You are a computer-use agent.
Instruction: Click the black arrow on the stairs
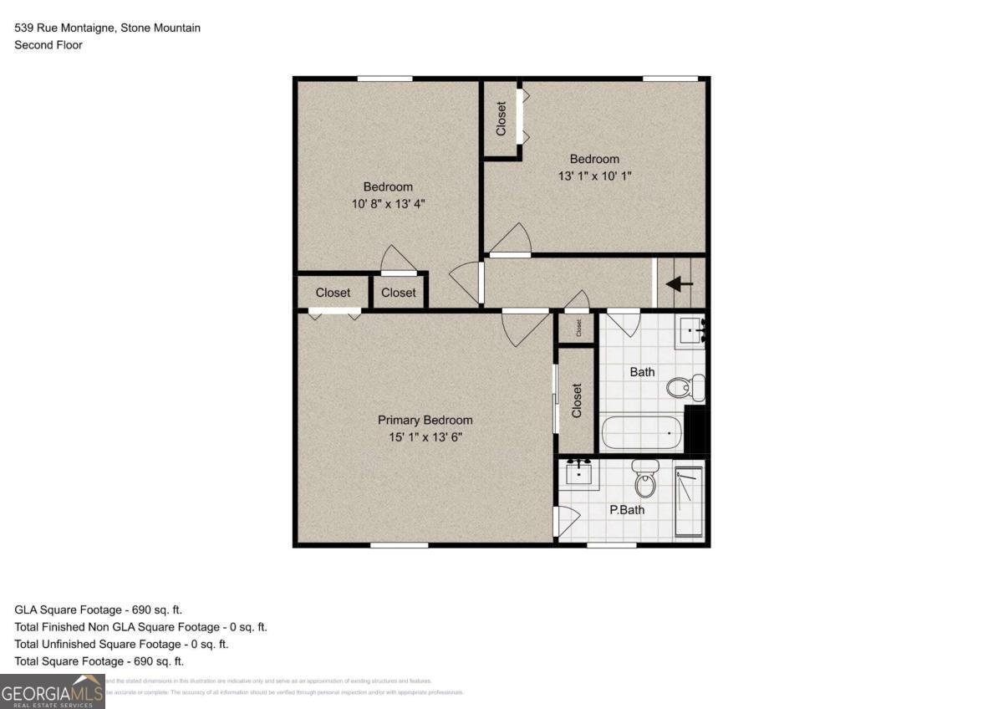(x=680, y=283)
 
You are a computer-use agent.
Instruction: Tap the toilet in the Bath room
(x=686, y=387)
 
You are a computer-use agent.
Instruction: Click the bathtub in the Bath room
(x=641, y=433)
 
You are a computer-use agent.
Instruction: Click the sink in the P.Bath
(x=578, y=474)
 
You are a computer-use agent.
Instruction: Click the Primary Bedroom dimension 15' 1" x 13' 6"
(x=425, y=437)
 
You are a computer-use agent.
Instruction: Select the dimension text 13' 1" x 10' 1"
(x=594, y=176)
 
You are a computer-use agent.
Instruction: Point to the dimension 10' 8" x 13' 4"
(x=387, y=204)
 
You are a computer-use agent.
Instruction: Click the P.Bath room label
(x=627, y=509)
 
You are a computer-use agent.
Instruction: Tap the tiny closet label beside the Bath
(x=577, y=327)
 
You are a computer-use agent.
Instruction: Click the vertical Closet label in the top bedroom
(x=501, y=119)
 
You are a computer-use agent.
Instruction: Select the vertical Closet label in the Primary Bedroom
(x=577, y=401)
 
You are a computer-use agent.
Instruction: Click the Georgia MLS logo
(x=52, y=691)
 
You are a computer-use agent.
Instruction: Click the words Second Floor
(x=48, y=45)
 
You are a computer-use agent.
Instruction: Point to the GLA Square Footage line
(x=98, y=610)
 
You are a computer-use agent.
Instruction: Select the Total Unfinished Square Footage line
(x=121, y=644)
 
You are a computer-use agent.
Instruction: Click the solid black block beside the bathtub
(x=696, y=429)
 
